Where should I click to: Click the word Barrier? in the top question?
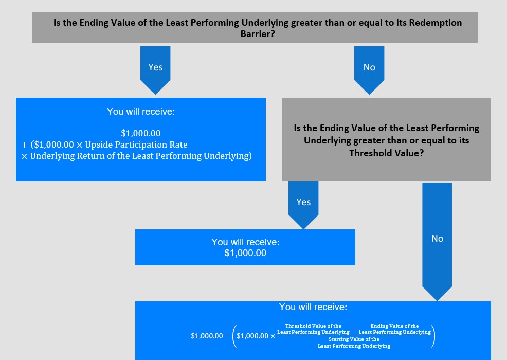click(x=258, y=33)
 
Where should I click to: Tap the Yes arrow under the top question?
click(x=155, y=70)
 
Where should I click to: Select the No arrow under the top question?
click(x=369, y=70)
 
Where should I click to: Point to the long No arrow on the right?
click(x=437, y=242)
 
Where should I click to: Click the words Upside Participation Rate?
click(x=136, y=145)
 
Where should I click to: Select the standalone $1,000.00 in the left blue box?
click(x=141, y=133)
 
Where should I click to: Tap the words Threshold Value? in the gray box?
click(x=386, y=153)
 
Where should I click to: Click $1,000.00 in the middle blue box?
click(x=245, y=253)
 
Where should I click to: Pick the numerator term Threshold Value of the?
click(x=313, y=326)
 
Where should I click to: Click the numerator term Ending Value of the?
click(x=394, y=326)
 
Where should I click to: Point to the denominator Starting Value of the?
click(x=354, y=339)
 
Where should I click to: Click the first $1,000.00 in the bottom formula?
click(x=207, y=336)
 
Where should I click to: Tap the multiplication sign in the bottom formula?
click(x=273, y=336)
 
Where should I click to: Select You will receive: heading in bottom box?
click(x=313, y=307)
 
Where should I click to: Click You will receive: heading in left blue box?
click(x=141, y=112)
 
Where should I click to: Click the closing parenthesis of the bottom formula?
click(x=433, y=336)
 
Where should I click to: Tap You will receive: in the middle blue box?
click(x=245, y=242)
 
